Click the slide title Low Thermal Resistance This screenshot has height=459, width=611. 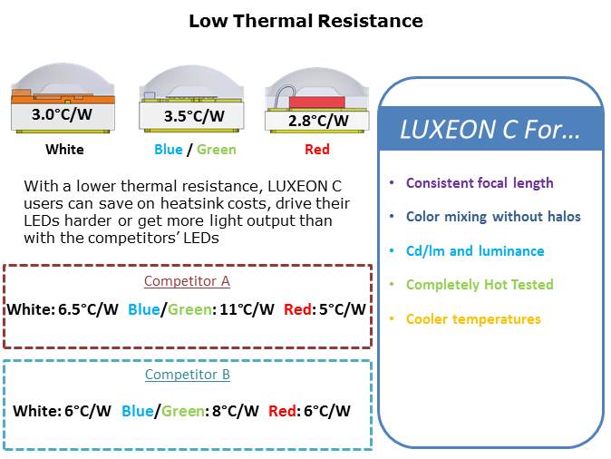pos(305,21)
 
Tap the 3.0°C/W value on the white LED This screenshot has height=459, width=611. pos(62,114)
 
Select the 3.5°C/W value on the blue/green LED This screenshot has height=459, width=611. pos(194,116)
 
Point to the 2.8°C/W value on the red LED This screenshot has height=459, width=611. pos(318,121)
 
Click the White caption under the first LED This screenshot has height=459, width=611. pos(64,150)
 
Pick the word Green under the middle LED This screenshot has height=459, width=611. pos(217,150)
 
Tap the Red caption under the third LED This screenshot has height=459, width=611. pos(317,150)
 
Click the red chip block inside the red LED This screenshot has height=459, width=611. pos(316,103)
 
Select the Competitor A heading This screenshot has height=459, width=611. pos(187,281)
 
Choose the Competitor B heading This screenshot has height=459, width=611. pos(188,375)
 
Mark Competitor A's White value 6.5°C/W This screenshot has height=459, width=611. pos(88,309)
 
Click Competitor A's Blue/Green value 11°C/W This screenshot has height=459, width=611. pos(247,309)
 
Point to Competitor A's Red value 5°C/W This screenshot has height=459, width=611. pos(343,309)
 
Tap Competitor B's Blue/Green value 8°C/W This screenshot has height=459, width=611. pos(236,411)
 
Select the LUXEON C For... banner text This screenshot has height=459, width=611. pos(490,130)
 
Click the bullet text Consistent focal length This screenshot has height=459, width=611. pos(480,183)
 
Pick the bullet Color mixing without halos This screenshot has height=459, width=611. pos(493,217)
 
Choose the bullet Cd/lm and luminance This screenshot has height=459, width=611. pos(475,250)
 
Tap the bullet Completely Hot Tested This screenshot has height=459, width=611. pos(480,285)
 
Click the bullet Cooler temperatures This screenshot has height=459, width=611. pos(473,319)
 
